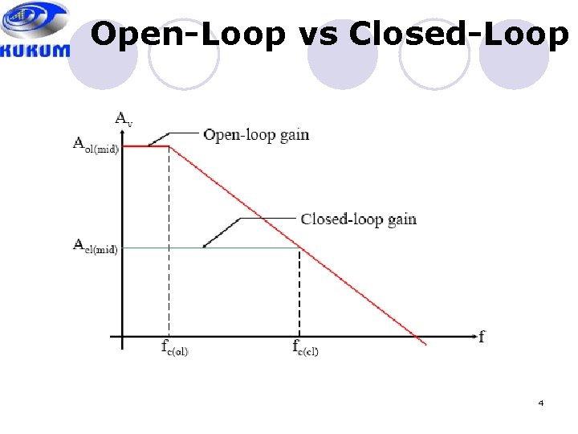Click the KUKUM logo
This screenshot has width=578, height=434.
click(36, 31)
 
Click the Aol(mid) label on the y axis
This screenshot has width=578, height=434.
click(96, 146)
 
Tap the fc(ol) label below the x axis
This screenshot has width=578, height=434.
click(174, 348)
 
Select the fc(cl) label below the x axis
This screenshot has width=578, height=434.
click(305, 348)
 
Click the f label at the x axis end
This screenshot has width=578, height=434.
click(482, 337)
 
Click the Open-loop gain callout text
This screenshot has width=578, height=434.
click(256, 135)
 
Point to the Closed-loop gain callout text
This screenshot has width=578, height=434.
click(358, 219)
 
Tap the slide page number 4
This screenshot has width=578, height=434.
click(541, 403)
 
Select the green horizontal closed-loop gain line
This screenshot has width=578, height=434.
click(209, 248)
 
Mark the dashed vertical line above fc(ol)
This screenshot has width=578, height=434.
click(169, 241)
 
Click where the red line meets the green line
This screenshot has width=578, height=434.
click(299, 248)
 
